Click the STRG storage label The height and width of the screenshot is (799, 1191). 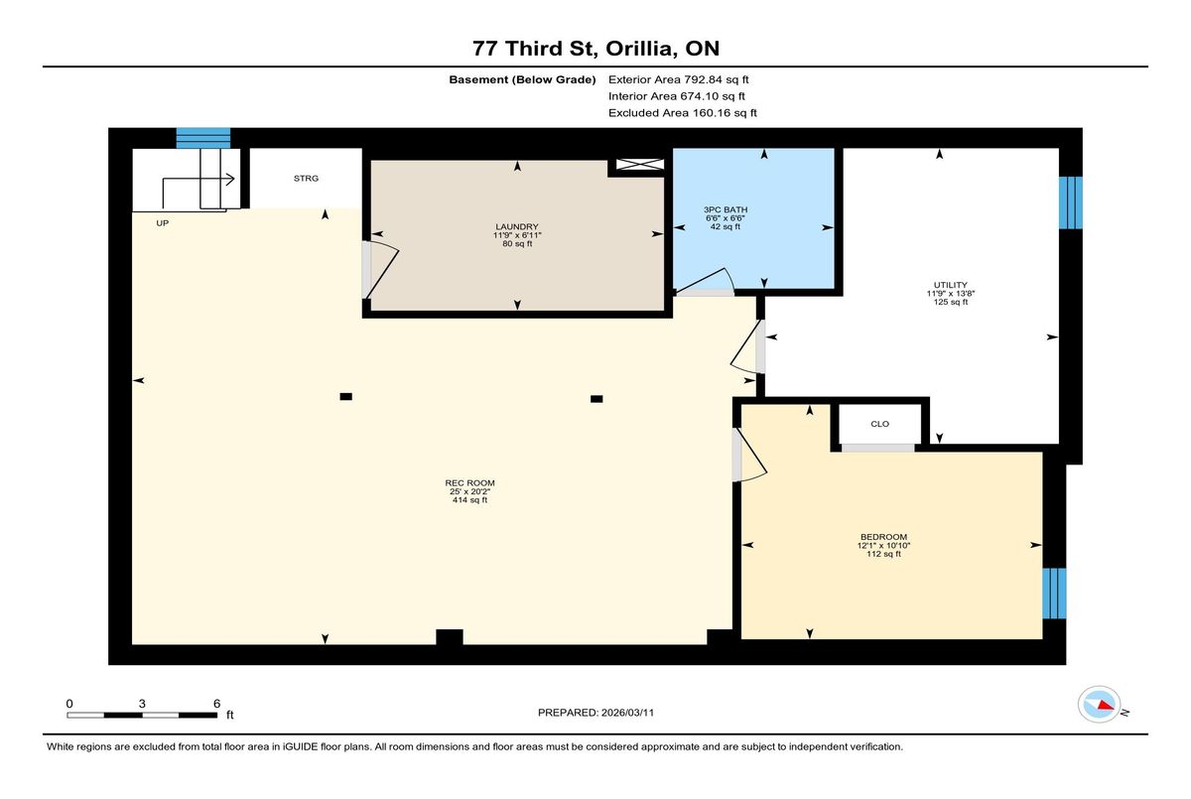pyautogui.click(x=306, y=179)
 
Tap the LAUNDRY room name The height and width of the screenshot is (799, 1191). pyautogui.click(x=517, y=227)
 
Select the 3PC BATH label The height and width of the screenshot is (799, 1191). pyautogui.click(x=726, y=210)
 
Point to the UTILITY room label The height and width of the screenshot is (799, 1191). pyautogui.click(x=951, y=285)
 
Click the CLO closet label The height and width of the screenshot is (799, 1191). pyautogui.click(x=880, y=424)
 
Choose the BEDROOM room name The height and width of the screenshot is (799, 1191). pyautogui.click(x=883, y=537)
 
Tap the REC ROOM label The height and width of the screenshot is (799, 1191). pyautogui.click(x=470, y=483)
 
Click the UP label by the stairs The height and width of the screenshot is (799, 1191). pyautogui.click(x=162, y=223)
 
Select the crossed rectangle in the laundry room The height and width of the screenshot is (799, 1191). pyautogui.click(x=640, y=165)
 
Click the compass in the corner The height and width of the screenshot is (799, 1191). pyautogui.click(x=1099, y=705)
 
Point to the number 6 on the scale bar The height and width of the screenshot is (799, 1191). pyautogui.click(x=217, y=704)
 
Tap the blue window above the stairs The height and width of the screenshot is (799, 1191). pyautogui.click(x=203, y=138)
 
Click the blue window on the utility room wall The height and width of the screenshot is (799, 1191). pyautogui.click(x=1070, y=203)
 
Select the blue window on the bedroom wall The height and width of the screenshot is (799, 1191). pyautogui.click(x=1054, y=594)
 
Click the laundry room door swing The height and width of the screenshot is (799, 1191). pyautogui.click(x=382, y=268)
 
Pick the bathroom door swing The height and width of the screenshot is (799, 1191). pyautogui.click(x=706, y=281)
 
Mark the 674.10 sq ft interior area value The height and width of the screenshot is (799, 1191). pyautogui.click(x=713, y=96)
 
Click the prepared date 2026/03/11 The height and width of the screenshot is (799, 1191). pyautogui.click(x=627, y=713)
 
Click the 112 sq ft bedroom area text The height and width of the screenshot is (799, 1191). pyautogui.click(x=883, y=554)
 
